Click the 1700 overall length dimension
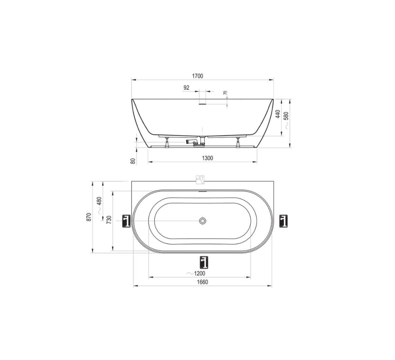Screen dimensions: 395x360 pos(197,76)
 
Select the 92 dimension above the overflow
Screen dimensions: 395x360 pos(186,87)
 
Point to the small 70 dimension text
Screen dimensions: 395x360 pos(225,93)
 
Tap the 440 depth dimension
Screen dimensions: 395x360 pos(278,114)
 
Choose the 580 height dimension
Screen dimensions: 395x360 pos(286,116)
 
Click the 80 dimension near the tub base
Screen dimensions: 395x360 pos(133,161)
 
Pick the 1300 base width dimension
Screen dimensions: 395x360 pos(207,158)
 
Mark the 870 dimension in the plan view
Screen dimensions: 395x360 pos(89,217)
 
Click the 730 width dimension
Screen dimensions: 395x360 pos(109,220)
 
